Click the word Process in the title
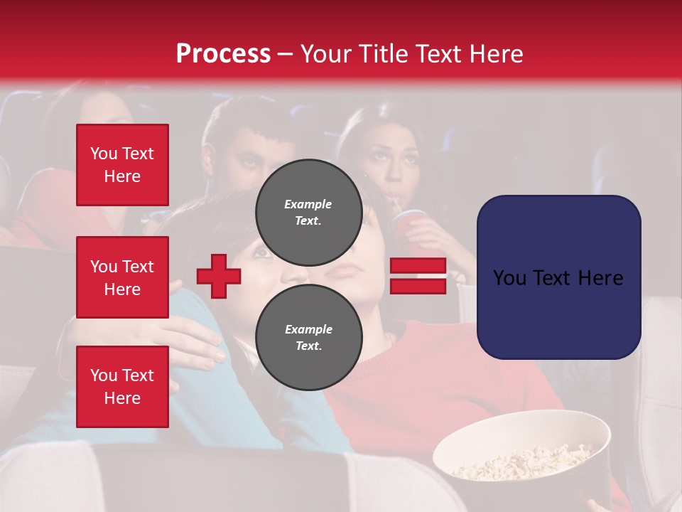click(x=223, y=54)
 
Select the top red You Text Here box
click(x=122, y=165)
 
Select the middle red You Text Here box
click(x=122, y=277)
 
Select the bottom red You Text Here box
click(x=122, y=387)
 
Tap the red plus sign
click(x=219, y=276)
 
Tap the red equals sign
click(x=418, y=276)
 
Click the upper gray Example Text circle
click(x=308, y=213)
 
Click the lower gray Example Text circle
click(x=308, y=338)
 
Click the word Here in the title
click(x=497, y=54)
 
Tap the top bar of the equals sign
click(x=418, y=266)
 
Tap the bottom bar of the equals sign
click(x=418, y=286)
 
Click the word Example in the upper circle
click(x=308, y=204)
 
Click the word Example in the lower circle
click(x=308, y=329)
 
